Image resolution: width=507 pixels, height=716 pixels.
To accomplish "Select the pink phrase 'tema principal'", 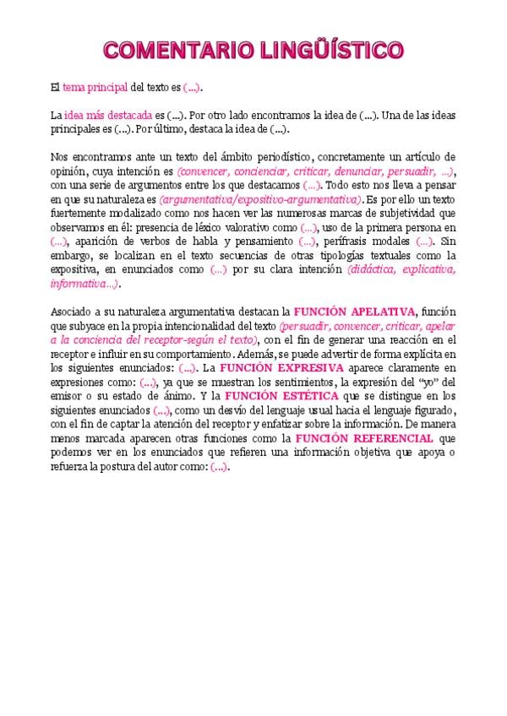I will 95,87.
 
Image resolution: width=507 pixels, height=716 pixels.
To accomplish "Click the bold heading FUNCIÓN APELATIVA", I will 355,311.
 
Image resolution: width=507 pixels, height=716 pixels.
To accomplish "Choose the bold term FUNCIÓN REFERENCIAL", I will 363,439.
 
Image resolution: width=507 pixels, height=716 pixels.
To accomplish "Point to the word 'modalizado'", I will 138,214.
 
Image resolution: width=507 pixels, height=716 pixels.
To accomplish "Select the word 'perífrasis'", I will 349,241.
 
